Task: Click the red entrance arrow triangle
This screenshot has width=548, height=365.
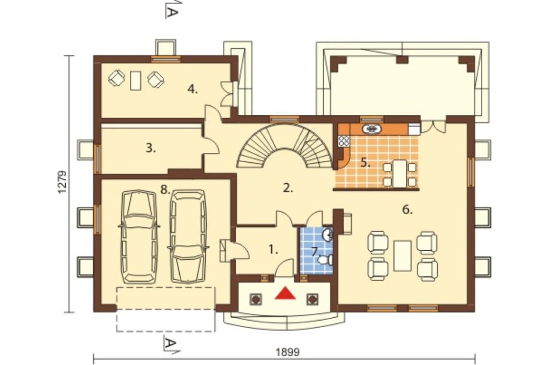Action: (285, 294)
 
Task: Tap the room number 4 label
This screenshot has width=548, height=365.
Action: (192, 89)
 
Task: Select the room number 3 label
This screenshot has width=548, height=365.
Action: (151, 148)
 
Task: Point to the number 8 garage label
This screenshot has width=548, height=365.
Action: (165, 190)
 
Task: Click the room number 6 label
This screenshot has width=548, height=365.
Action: (408, 210)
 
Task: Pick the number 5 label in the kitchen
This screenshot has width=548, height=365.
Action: (366, 163)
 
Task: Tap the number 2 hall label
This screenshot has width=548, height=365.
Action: (288, 189)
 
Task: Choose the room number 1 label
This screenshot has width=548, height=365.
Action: (273, 249)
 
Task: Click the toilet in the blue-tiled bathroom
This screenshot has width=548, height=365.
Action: (326, 260)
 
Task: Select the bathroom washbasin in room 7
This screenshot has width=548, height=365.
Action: (328, 235)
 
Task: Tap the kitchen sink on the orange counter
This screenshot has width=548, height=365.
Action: (372, 129)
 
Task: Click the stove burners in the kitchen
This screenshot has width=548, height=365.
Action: (344, 140)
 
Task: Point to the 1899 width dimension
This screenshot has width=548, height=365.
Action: (288, 352)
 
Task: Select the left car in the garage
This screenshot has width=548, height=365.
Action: (139, 236)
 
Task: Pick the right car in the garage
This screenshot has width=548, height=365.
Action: (188, 236)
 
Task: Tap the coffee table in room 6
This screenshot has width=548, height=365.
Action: (402, 255)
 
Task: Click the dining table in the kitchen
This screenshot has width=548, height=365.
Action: (399, 173)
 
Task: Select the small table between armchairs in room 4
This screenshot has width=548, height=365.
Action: (135, 81)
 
